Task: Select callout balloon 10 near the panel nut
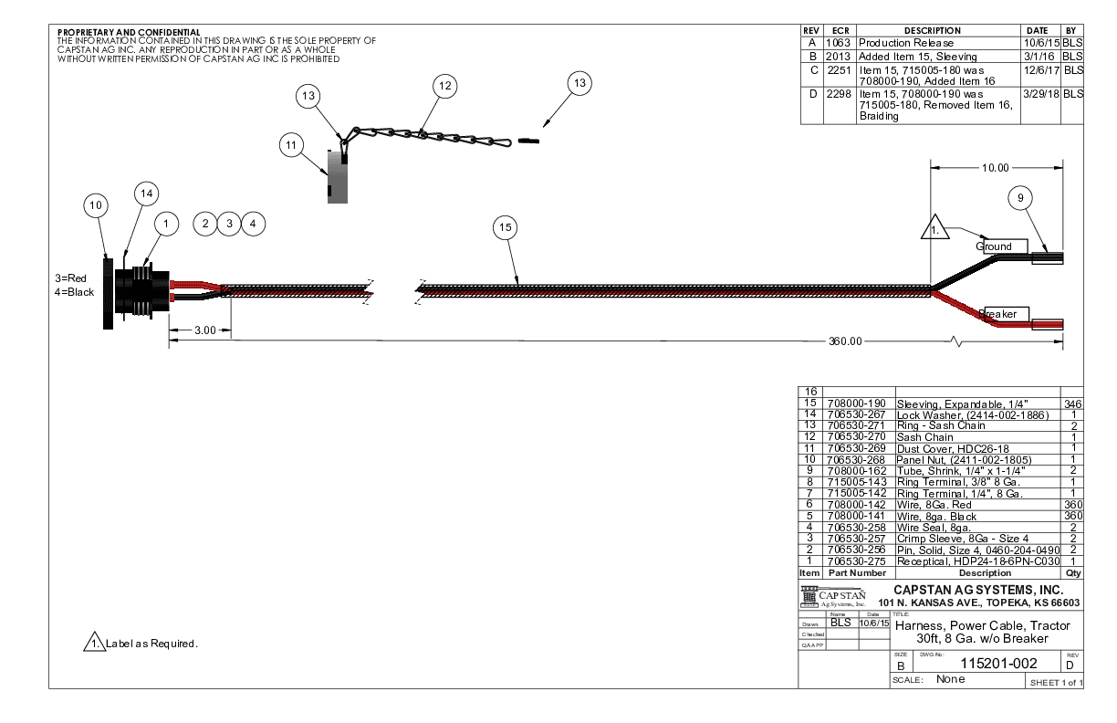(96, 205)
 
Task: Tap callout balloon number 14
(146, 193)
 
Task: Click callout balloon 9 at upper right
(1021, 197)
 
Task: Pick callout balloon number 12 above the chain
(444, 86)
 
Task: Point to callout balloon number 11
(292, 144)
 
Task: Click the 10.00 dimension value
(996, 168)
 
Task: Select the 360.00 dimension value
(845, 341)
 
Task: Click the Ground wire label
(995, 246)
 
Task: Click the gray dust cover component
(337, 178)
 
